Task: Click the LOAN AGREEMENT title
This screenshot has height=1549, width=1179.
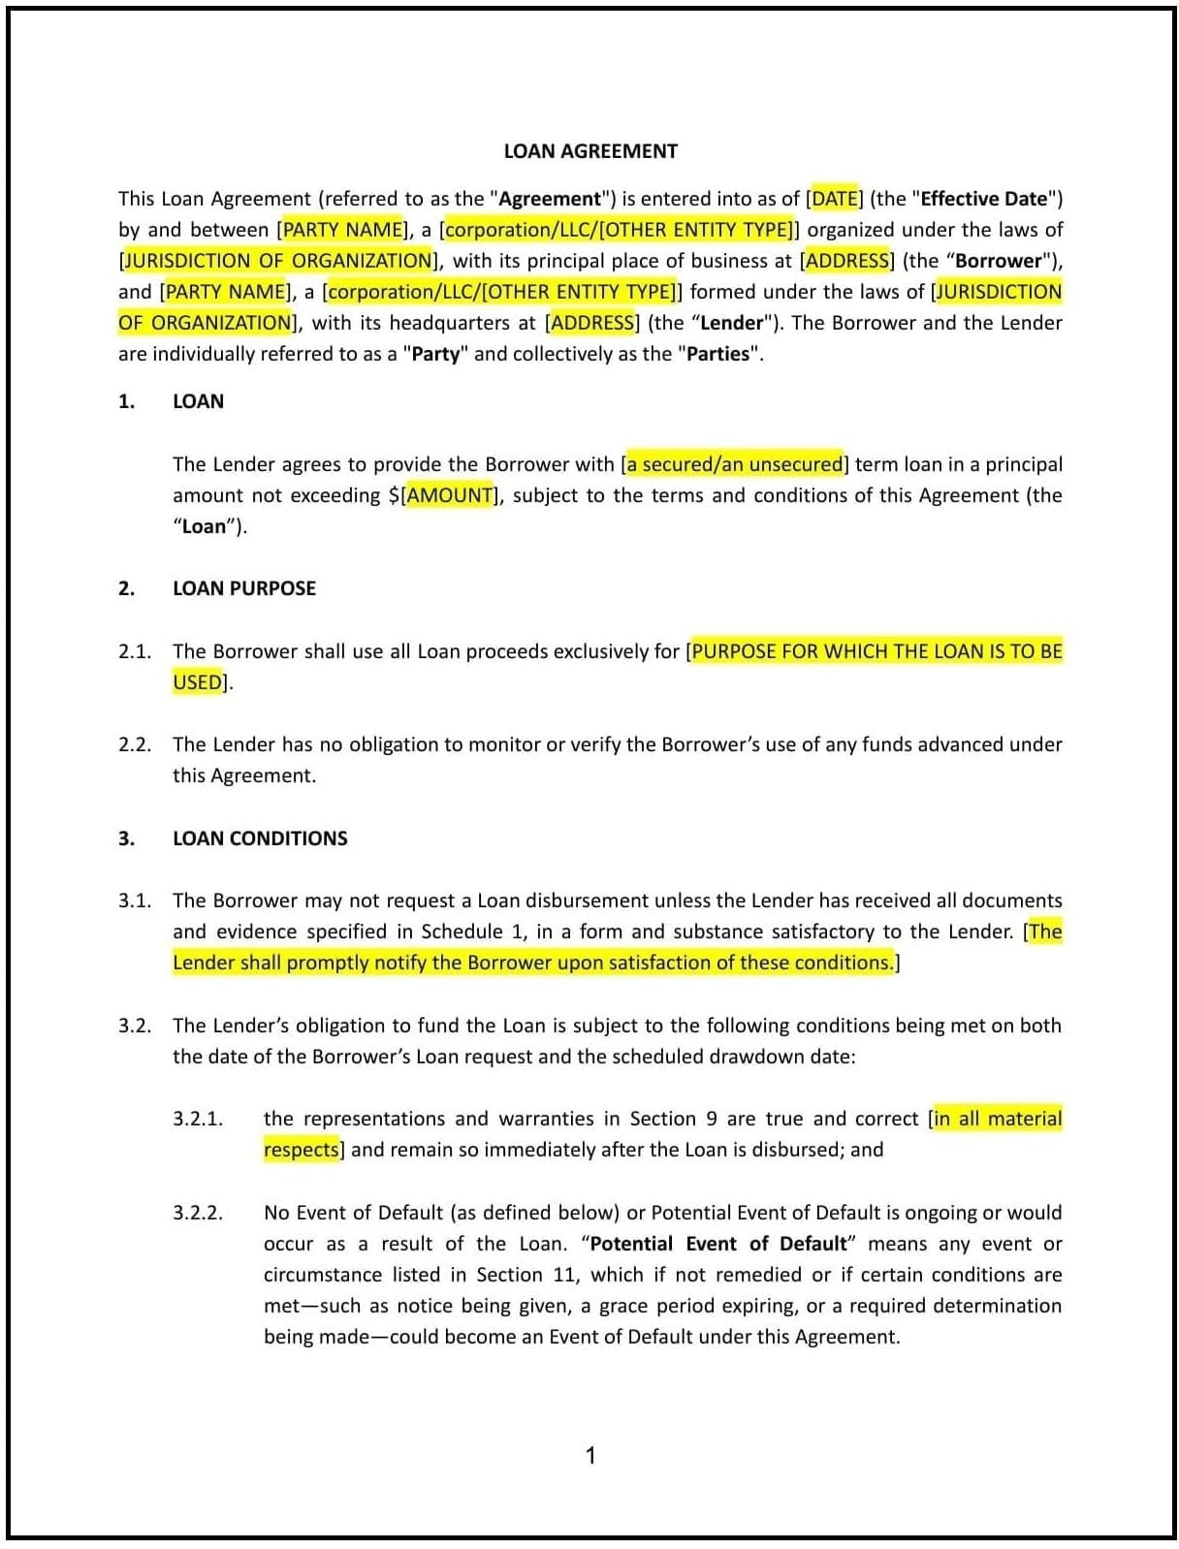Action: [590, 151]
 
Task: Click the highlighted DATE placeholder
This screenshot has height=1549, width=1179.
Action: [834, 199]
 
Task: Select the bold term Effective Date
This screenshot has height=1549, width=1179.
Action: [983, 199]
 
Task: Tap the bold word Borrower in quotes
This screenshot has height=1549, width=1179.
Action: [998, 261]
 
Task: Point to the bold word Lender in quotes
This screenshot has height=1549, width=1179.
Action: [731, 323]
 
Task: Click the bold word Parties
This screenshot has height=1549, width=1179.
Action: [717, 354]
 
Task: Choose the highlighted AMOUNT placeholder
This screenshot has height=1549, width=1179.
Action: [449, 495]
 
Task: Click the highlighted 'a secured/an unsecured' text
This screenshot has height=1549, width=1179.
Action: [734, 464]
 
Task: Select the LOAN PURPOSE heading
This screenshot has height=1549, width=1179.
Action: [244, 588]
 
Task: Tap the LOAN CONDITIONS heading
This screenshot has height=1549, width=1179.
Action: [260, 838]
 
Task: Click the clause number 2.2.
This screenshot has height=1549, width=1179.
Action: [135, 744]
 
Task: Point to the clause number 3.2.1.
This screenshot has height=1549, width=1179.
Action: [198, 1119]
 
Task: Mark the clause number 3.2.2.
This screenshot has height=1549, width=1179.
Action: [198, 1213]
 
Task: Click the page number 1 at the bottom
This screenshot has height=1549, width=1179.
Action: [590, 1455]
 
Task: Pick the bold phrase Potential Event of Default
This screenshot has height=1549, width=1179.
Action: [717, 1244]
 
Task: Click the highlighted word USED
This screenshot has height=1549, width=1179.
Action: [197, 682]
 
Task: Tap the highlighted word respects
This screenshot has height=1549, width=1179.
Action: [301, 1150]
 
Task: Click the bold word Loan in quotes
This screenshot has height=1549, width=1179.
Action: [204, 526]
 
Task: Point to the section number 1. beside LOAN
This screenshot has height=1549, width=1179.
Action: [126, 401]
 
